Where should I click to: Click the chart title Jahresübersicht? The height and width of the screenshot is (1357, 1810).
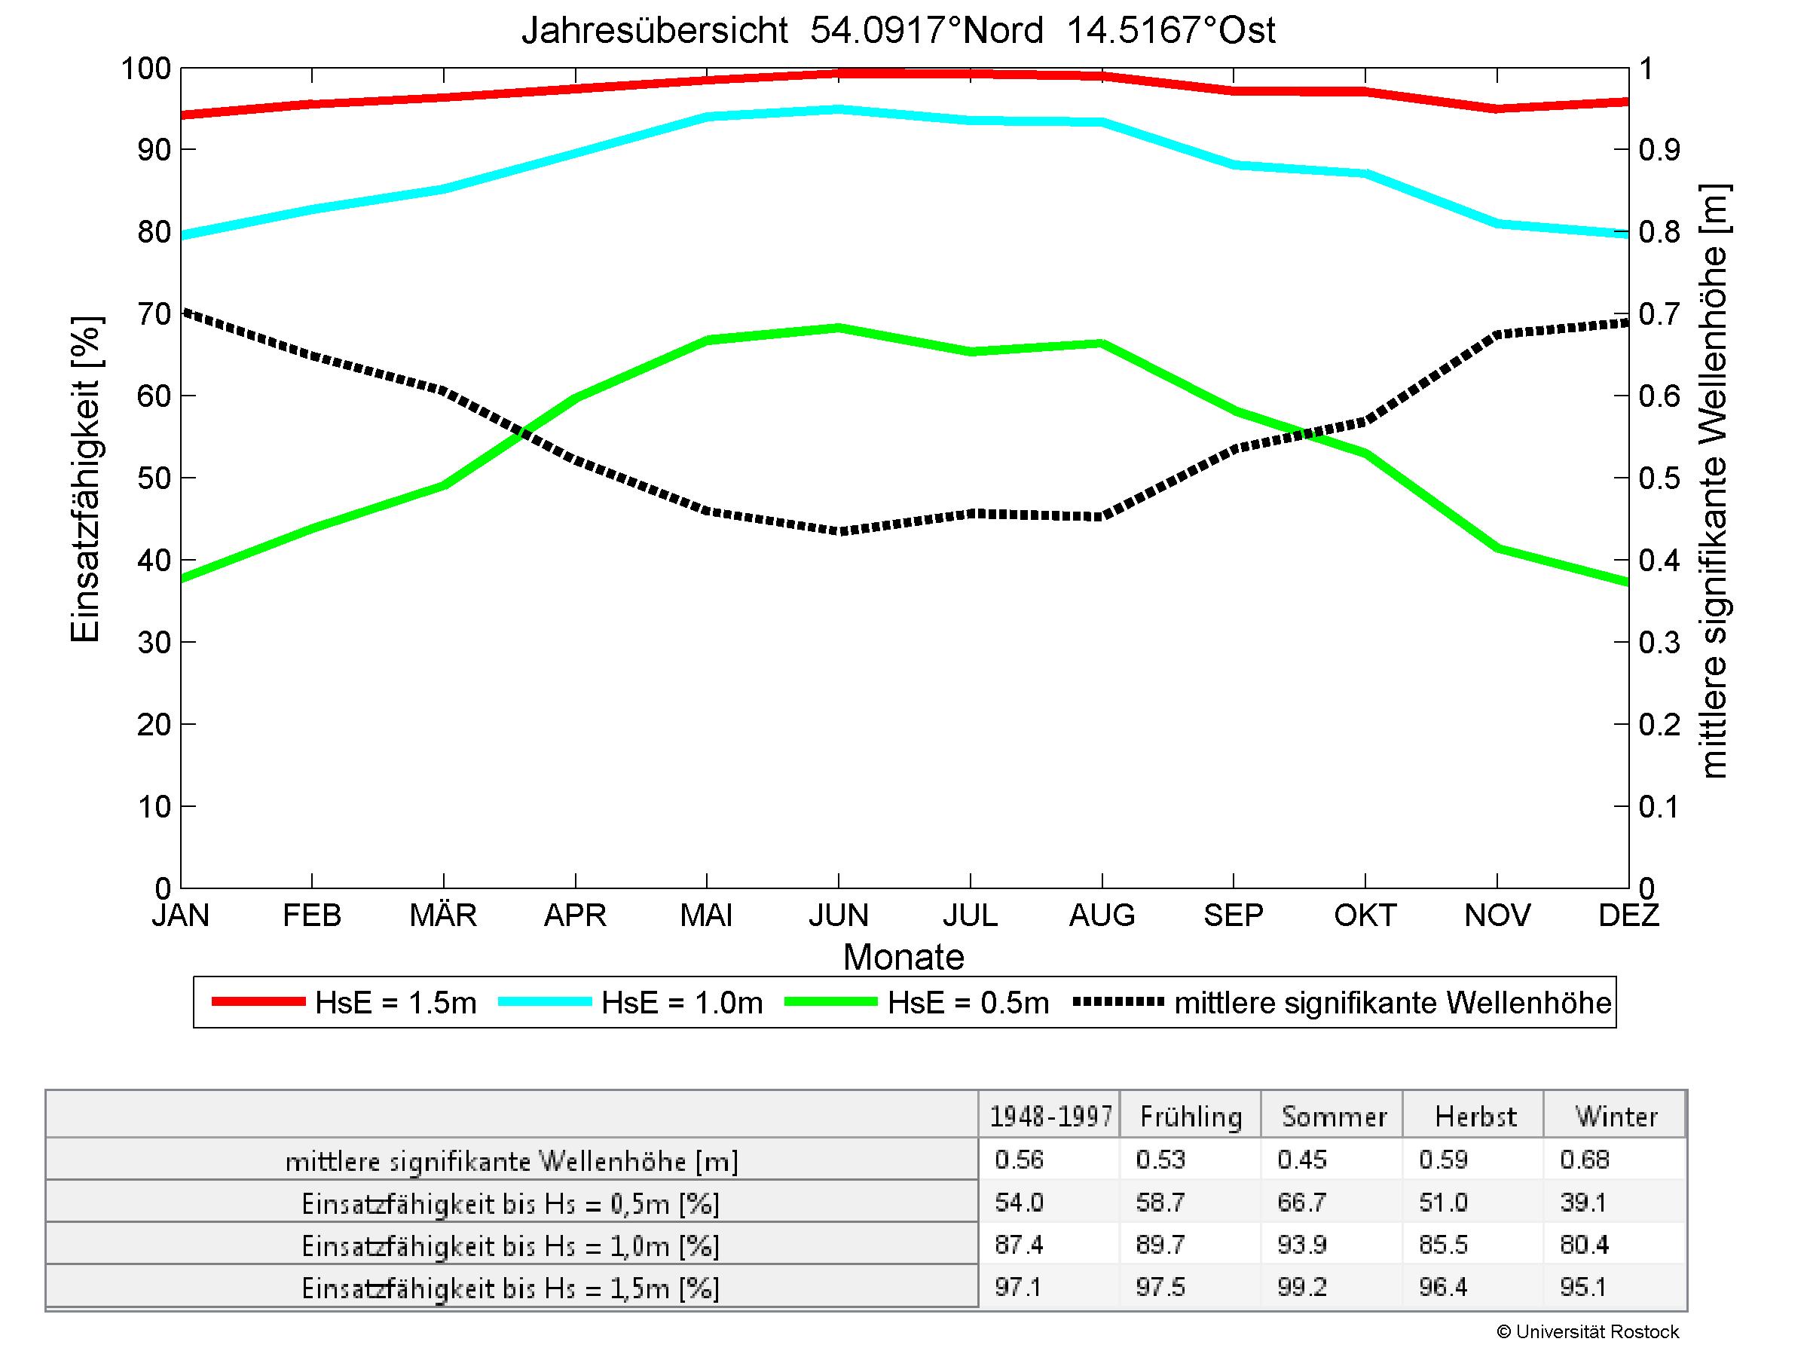897,31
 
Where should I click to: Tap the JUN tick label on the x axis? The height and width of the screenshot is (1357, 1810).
839,915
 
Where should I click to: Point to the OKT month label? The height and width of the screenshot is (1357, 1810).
1365,915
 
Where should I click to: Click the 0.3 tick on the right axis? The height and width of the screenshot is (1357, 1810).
1659,643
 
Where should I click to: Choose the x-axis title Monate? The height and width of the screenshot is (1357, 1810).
903,957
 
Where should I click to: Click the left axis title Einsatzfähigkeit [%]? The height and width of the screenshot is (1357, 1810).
85,479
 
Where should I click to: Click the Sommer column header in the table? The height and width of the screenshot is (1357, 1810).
1334,1117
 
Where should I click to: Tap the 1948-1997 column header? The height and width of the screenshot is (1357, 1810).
1050,1117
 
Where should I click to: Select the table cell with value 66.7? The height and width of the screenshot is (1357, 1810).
1301,1203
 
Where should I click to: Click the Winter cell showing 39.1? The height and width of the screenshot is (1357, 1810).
1583,1203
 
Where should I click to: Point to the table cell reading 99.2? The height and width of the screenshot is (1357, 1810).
1301,1288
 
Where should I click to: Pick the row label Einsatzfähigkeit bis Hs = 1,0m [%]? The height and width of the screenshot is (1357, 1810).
511,1245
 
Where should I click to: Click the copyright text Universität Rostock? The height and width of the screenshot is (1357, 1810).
1588,1331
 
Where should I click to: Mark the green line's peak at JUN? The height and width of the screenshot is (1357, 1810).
839,328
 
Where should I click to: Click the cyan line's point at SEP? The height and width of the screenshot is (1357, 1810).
1234,165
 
